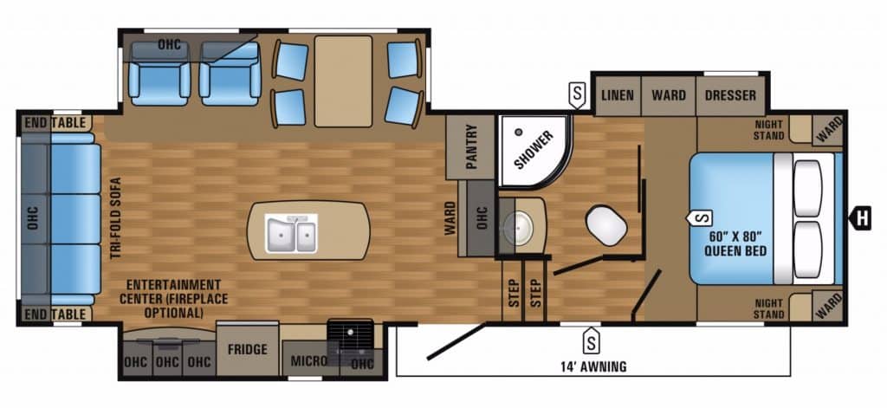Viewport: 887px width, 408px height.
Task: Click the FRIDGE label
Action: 247,350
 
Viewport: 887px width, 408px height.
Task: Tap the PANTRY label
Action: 472,146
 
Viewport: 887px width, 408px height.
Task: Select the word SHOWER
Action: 534,149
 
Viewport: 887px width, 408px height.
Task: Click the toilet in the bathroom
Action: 605,224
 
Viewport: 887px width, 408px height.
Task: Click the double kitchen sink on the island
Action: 290,233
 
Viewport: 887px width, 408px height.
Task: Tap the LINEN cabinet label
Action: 617,95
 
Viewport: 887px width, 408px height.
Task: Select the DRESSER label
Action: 730,95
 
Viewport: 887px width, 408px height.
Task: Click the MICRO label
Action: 309,360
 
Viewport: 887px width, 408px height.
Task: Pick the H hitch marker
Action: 860,218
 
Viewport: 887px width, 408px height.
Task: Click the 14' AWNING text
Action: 593,366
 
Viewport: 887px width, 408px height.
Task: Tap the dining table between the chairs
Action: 343,81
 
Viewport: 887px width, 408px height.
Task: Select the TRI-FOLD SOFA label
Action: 116,218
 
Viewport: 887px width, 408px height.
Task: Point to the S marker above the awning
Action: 592,340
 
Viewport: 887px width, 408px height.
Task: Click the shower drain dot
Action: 518,132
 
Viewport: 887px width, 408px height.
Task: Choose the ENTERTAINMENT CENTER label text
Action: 173,298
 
